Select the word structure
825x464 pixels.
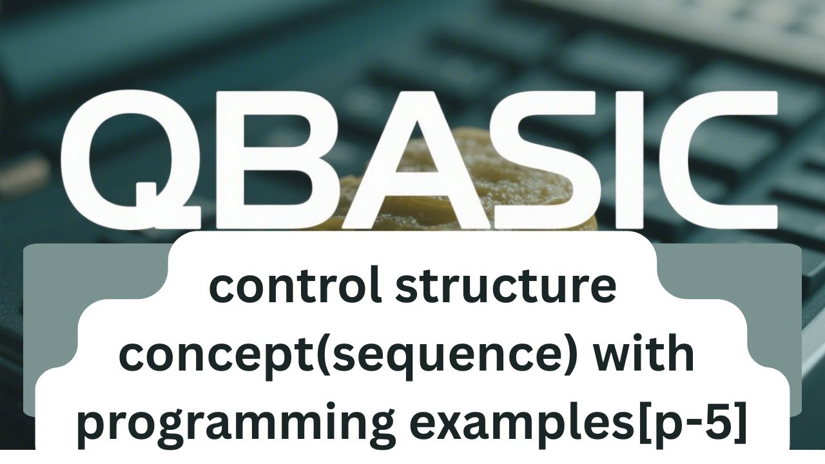click(x=506, y=288)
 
